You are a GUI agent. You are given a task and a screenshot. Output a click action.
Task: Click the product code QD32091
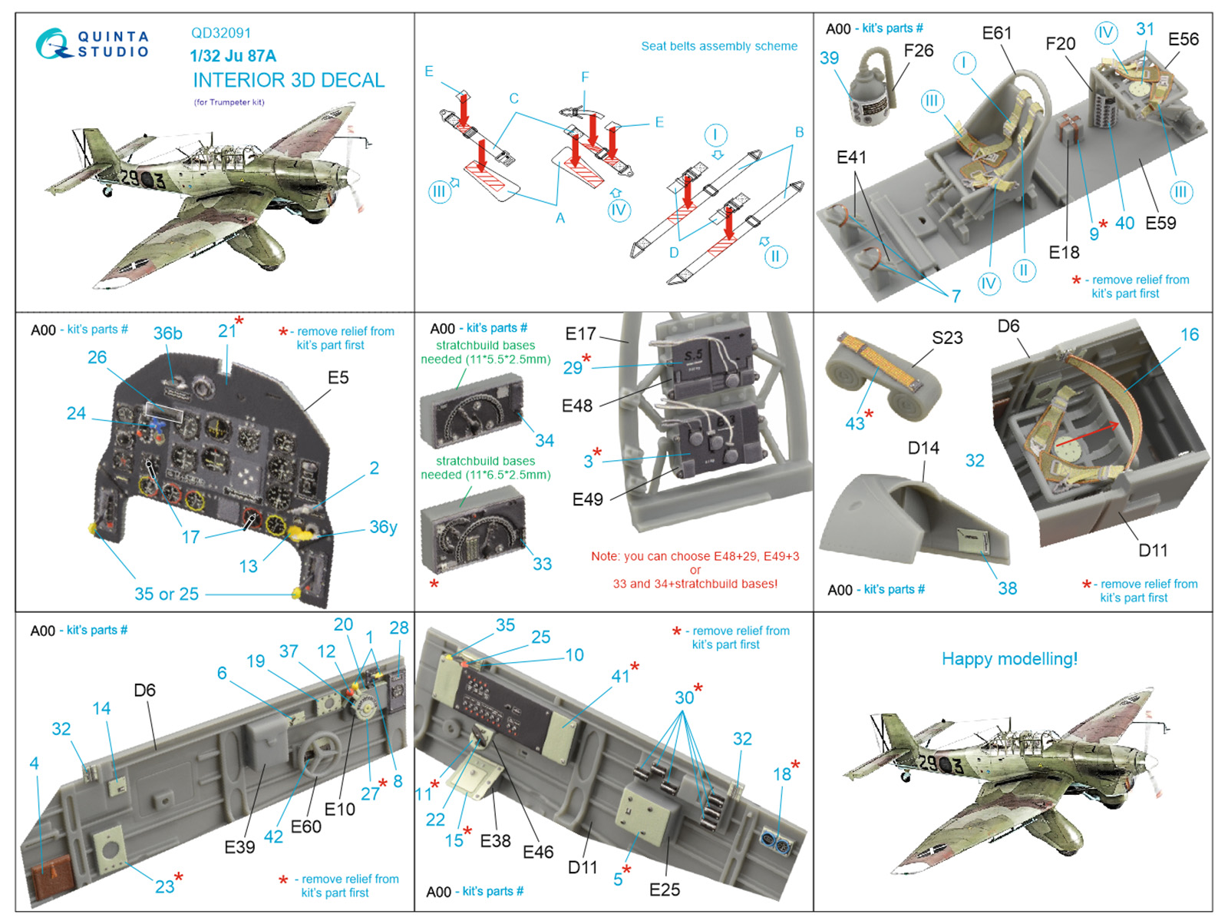click(221, 33)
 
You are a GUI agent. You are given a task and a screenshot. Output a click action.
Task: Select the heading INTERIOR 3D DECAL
click(289, 80)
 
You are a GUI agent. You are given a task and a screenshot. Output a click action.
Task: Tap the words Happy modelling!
click(1009, 659)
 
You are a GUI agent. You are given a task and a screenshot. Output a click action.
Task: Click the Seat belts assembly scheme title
click(719, 46)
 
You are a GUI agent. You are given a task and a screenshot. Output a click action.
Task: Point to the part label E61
click(997, 33)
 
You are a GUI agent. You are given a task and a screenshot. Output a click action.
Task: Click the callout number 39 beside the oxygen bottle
click(829, 58)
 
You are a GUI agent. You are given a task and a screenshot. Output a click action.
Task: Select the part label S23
click(947, 338)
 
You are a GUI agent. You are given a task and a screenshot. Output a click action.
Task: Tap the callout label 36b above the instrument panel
click(167, 333)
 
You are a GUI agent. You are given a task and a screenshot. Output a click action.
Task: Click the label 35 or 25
click(167, 594)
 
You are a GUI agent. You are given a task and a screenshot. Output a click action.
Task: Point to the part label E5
click(338, 377)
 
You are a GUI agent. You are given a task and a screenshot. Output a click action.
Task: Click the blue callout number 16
click(1189, 334)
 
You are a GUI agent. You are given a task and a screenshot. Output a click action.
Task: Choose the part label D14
click(923, 448)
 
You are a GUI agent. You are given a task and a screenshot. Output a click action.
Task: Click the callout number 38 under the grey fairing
click(1007, 588)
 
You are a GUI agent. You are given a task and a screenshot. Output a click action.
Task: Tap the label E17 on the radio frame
click(580, 333)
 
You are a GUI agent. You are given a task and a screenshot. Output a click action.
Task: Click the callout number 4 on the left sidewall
click(34, 763)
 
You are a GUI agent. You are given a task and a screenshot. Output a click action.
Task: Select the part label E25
click(664, 889)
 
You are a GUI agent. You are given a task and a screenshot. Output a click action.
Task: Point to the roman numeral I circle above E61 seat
click(964, 63)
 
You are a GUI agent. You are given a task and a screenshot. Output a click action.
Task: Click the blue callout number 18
click(781, 773)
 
